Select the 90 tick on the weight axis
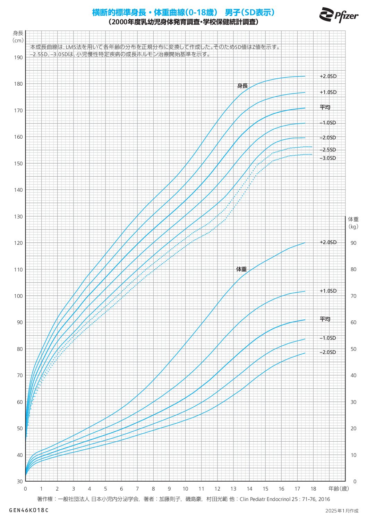click(x=353, y=243)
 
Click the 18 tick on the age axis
click(x=313, y=489)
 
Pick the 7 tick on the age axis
click(x=137, y=489)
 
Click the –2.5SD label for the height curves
click(x=328, y=150)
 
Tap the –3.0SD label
click(x=328, y=158)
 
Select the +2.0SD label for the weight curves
click(x=328, y=242)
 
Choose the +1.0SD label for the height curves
click(x=328, y=92)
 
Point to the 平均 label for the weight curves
click(x=325, y=319)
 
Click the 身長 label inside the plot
click(x=242, y=86)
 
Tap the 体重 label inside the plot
click(x=241, y=269)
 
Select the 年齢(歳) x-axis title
click(x=339, y=489)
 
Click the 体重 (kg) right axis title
click(x=353, y=223)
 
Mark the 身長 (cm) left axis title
click(x=18, y=36)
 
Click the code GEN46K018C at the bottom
click(x=29, y=510)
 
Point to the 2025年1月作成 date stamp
click(x=342, y=511)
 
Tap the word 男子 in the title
click(x=232, y=12)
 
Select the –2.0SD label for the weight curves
click(x=328, y=352)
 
